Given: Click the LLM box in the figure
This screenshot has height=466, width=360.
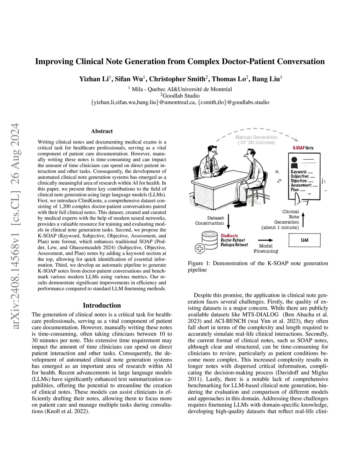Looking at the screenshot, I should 304,240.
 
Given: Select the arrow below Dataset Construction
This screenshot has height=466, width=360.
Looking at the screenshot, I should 229,221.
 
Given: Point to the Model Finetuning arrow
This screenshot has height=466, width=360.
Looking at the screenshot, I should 266,240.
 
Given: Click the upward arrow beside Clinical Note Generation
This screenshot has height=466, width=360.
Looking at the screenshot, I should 303,219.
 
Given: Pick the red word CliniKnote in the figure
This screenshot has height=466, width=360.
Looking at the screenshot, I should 229,236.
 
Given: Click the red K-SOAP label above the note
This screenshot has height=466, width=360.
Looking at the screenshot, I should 299,148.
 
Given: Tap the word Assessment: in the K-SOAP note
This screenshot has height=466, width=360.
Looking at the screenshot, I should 301,185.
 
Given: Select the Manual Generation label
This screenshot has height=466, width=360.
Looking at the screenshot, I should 257,137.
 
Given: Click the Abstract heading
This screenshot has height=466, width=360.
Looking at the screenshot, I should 102,131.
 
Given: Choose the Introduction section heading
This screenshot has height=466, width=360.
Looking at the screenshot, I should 102,305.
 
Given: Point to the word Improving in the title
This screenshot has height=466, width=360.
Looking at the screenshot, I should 54,62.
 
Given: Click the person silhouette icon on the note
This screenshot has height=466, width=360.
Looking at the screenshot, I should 294,162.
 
